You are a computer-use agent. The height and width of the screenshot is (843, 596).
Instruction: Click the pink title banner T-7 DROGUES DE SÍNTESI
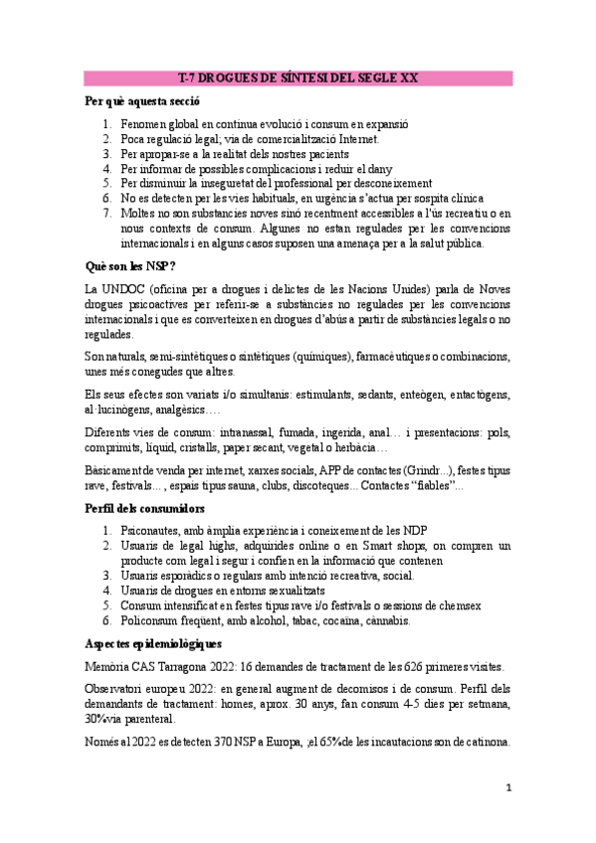(x=298, y=78)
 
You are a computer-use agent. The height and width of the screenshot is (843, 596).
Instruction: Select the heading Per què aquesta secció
(x=143, y=101)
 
